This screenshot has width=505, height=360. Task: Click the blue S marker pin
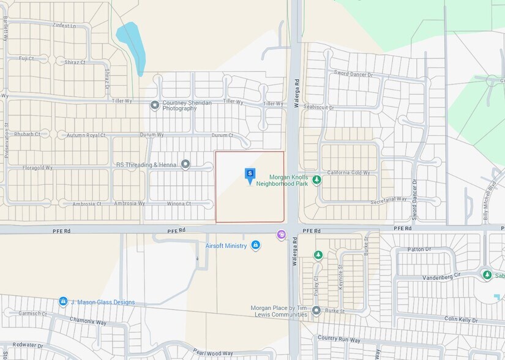(x=250, y=175)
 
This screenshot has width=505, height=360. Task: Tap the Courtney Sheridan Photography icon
(x=155, y=105)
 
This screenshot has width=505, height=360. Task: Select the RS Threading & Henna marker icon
(x=185, y=164)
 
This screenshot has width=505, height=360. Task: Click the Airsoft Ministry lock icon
(x=255, y=246)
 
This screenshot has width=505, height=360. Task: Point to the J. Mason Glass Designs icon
(x=63, y=301)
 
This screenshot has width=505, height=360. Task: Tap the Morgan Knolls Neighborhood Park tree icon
(x=316, y=180)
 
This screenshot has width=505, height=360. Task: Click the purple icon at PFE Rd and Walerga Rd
(x=281, y=234)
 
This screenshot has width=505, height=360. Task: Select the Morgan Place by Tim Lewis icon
(x=316, y=310)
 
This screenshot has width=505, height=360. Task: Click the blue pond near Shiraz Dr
(x=132, y=46)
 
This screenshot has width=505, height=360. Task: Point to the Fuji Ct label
(x=26, y=58)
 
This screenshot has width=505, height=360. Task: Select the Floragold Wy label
(x=37, y=167)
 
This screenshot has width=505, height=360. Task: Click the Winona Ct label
(x=179, y=203)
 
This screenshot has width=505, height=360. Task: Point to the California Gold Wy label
(x=348, y=173)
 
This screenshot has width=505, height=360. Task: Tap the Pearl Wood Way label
(x=214, y=353)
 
